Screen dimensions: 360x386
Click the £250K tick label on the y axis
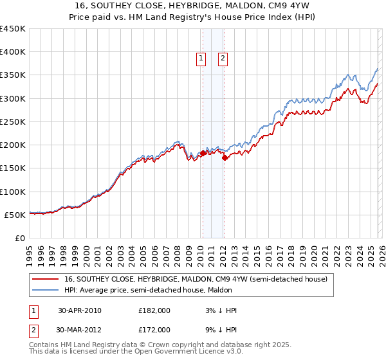click(13, 122)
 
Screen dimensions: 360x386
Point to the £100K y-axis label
click(13, 192)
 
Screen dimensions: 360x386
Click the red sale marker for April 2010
click(203, 153)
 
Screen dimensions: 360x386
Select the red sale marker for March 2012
click(225, 157)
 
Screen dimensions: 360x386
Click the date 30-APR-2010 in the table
click(80, 310)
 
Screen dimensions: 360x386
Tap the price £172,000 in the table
click(154, 329)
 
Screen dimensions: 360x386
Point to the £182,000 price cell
click(154, 310)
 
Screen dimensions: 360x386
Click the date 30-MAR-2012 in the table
click(80, 329)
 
